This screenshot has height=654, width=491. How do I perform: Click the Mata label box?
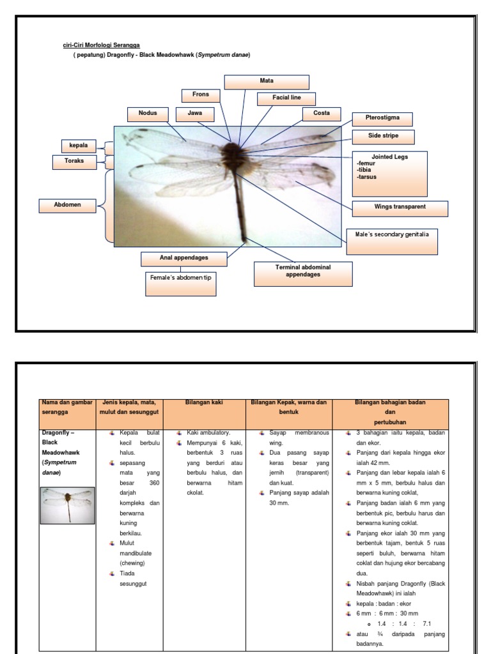(266, 82)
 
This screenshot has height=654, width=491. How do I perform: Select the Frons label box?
(200, 95)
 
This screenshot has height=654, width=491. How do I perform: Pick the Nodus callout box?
(147, 114)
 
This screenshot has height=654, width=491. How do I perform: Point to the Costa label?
(322, 114)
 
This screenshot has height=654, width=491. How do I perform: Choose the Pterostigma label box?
(382, 119)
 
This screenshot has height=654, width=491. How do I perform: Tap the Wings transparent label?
(400, 208)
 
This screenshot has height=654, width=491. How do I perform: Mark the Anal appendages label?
(183, 259)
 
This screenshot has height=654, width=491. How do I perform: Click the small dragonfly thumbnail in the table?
(68, 505)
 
